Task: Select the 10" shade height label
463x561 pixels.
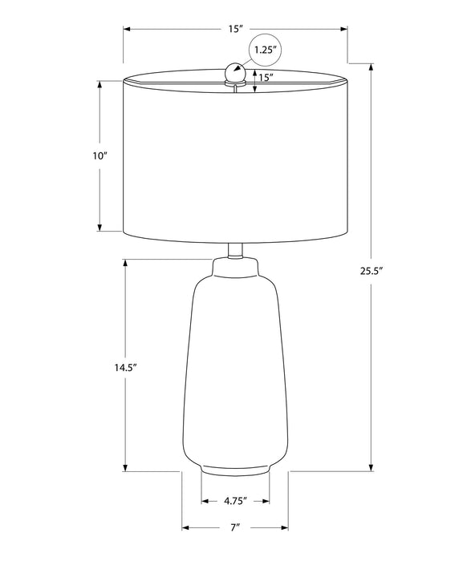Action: pyautogui.click(x=100, y=156)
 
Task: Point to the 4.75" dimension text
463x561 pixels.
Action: pyautogui.click(x=234, y=502)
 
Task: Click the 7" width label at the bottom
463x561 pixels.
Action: pyautogui.click(x=235, y=528)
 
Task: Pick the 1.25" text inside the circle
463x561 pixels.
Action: pyautogui.click(x=266, y=50)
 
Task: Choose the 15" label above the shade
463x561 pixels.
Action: pyautogui.click(x=235, y=29)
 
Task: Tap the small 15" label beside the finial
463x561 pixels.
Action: pyautogui.click(x=266, y=78)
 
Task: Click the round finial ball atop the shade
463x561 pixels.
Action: pyautogui.click(x=235, y=71)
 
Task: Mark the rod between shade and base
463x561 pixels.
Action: pyautogui.click(x=235, y=250)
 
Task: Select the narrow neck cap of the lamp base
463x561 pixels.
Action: pyautogui.click(x=235, y=265)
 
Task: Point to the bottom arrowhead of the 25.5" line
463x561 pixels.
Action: pyautogui.click(x=371, y=468)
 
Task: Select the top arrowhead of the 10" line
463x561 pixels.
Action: pyautogui.click(x=100, y=83)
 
